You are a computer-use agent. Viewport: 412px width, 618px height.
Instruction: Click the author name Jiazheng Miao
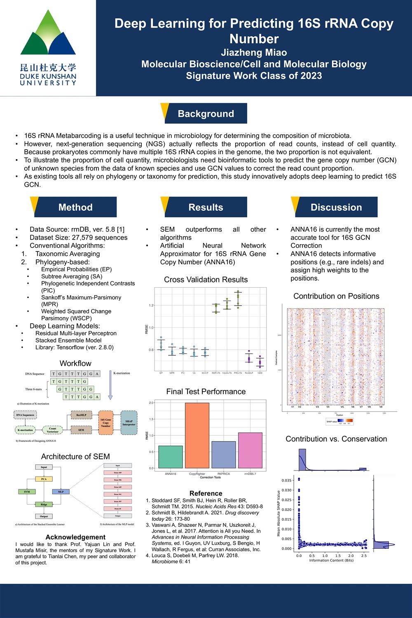tap(254, 52)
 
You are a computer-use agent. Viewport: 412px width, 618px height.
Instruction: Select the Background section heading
tap(206, 114)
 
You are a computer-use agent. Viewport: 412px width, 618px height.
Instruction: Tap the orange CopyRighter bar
tap(197, 435)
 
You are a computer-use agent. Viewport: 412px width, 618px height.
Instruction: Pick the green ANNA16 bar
tap(170, 457)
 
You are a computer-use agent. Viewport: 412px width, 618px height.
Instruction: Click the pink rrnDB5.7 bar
tap(250, 450)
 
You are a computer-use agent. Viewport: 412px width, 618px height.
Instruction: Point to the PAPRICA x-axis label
tap(223, 474)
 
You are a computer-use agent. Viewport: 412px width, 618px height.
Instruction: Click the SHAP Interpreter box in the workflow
tap(129, 423)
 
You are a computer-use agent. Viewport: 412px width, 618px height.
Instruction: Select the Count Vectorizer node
tap(52, 430)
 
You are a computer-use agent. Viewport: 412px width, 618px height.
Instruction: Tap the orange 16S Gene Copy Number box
tap(105, 423)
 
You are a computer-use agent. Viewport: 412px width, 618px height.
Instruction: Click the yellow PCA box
tap(44, 479)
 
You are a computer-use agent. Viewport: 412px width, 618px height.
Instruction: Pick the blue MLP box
tap(61, 492)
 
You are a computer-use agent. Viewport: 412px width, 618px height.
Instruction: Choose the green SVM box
tap(27, 492)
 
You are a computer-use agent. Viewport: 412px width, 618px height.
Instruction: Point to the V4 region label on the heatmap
tap(328, 407)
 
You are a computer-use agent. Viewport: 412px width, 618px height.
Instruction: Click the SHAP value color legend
tap(339, 421)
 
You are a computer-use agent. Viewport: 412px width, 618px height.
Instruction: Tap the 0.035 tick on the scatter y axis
tap(286, 480)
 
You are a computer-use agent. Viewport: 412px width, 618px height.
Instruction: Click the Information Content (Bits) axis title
tap(331, 560)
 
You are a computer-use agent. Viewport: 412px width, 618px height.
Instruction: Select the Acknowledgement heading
tap(75, 537)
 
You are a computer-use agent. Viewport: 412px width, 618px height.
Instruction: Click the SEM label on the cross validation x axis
tap(260, 373)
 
